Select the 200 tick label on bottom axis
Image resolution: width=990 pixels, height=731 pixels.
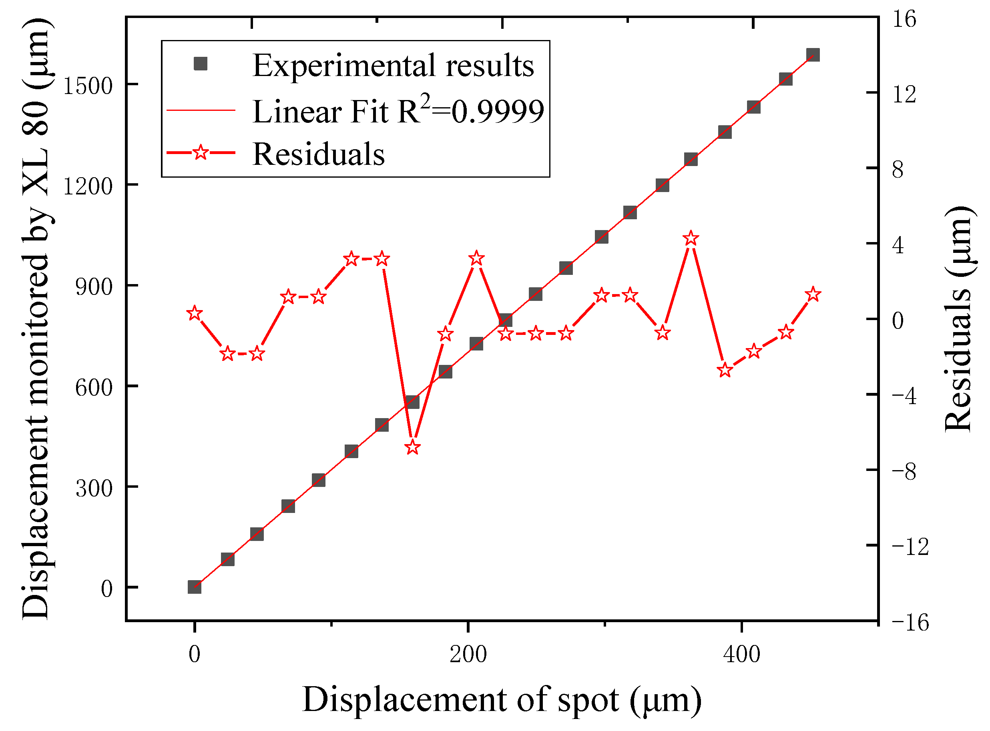point(468,655)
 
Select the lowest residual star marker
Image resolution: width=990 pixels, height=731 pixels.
point(413,447)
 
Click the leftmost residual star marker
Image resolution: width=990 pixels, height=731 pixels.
point(195,314)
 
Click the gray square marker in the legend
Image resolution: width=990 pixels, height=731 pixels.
point(201,64)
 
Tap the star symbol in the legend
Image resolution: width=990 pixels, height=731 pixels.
point(201,153)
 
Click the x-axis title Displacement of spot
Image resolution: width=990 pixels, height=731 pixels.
point(501,701)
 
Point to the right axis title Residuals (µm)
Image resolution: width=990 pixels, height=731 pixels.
point(958,318)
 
